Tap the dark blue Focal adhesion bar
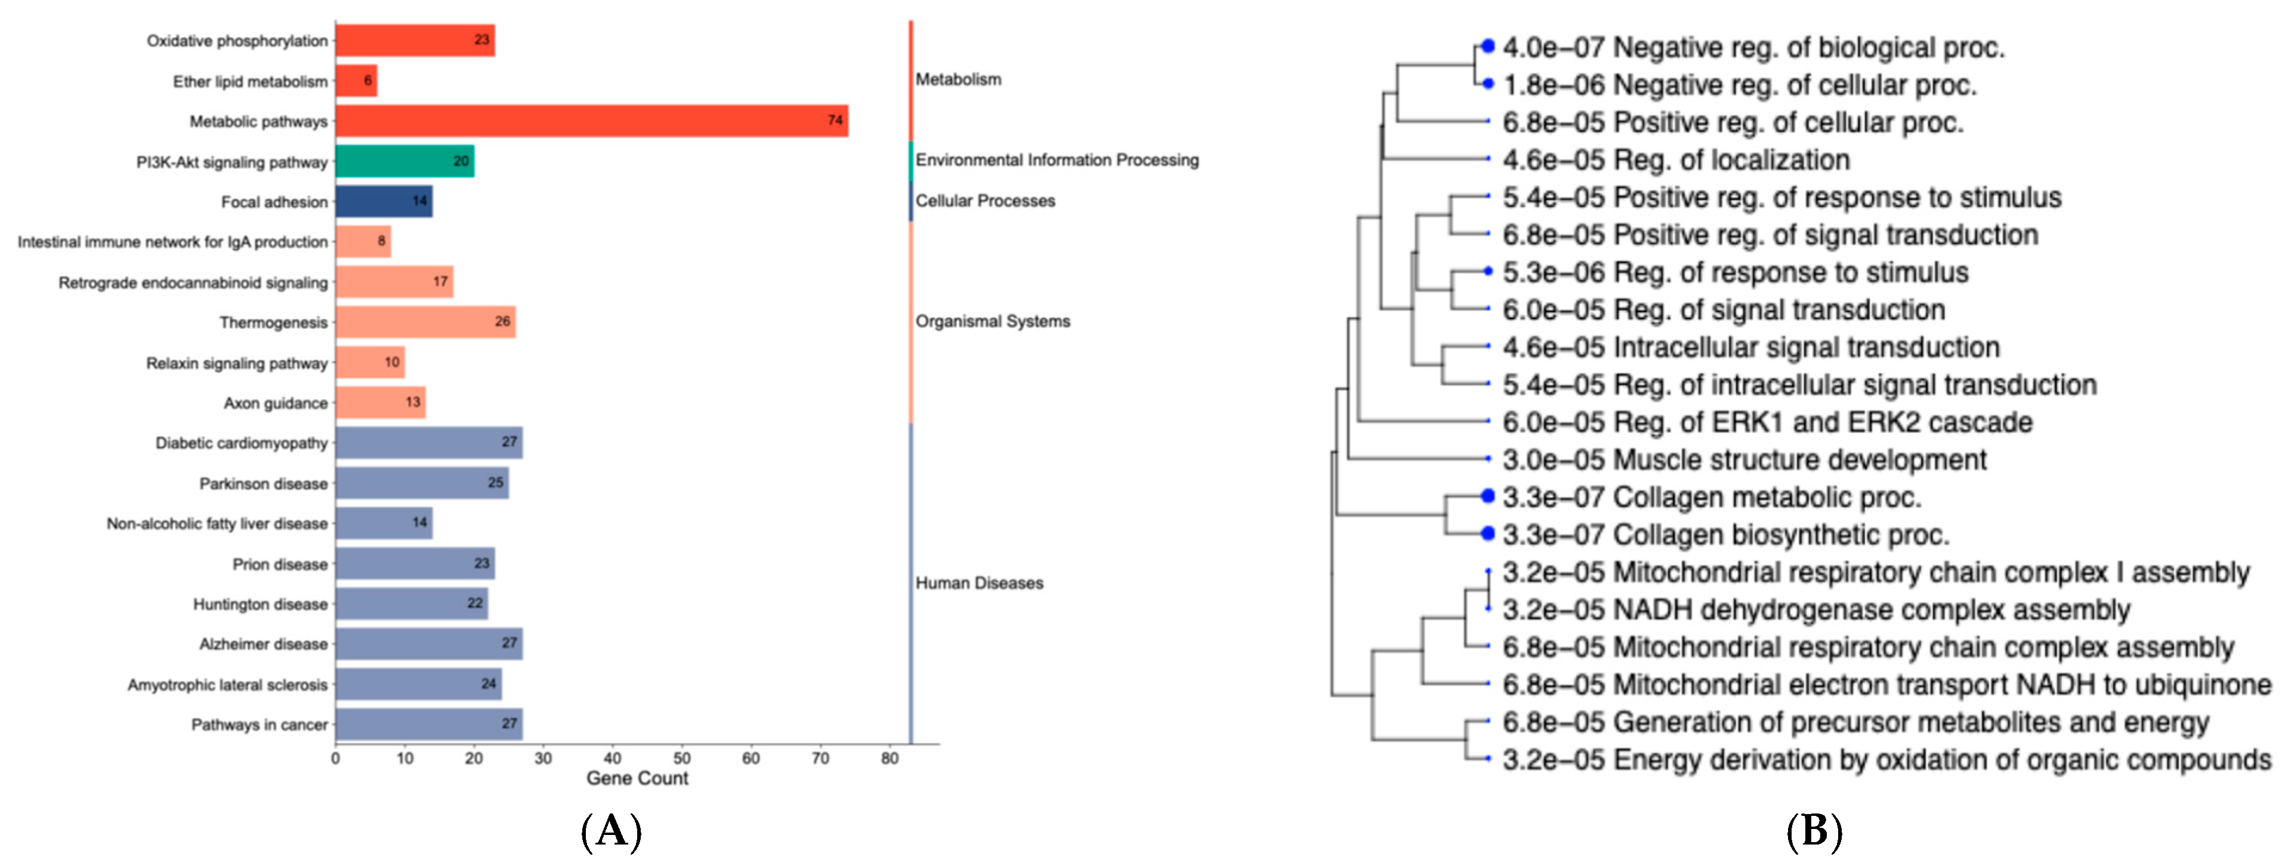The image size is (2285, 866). click(x=383, y=201)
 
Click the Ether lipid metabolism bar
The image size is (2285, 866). click(x=356, y=81)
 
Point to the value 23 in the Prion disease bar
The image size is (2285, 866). click(x=481, y=563)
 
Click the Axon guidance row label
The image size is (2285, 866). click(x=275, y=403)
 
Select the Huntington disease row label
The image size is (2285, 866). click(x=260, y=604)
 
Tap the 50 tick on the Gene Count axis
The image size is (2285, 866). click(x=681, y=759)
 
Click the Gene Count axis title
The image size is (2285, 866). click(x=637, y=778)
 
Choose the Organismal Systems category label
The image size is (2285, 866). click(x=993, y=321)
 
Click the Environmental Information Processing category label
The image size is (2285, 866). click(x=1057, y=160)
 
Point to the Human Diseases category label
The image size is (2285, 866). click(x=979, y=583)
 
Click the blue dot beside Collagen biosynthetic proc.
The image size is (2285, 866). click(x=1487, y=533)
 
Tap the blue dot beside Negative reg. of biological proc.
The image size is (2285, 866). click(x=1487, y=45)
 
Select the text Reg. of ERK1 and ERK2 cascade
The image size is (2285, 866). click(x=1823, y=423)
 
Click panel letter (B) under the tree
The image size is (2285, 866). click(x=1814, y=831)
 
